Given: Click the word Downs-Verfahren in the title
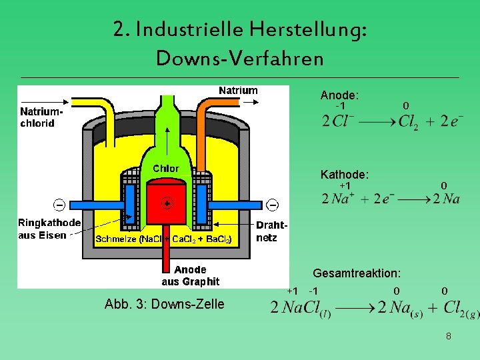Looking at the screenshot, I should click(x=239, y=58).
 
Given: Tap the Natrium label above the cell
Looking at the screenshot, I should click(x=238, y=91).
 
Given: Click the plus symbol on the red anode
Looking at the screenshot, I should click(x=167, y=203).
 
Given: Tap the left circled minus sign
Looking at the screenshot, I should click(x=60, y=204).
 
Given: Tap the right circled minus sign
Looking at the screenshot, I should click(x=273, y=204).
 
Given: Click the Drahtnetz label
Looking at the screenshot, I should click(x=271, y=231).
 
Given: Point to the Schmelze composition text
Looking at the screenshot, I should click(x=163, y=239).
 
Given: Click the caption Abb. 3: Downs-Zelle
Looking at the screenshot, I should click(x=165, y=304).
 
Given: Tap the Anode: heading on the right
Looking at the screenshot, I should click(x=339, y=95).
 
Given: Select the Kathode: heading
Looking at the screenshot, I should click(x=344, y=175).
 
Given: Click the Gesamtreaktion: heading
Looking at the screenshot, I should click(x=357, y=273).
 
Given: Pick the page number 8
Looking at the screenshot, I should click(x=449, y=337).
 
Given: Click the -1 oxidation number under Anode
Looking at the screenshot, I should click(x=340, y=106).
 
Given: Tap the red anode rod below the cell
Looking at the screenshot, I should click(x=167, y=257).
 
